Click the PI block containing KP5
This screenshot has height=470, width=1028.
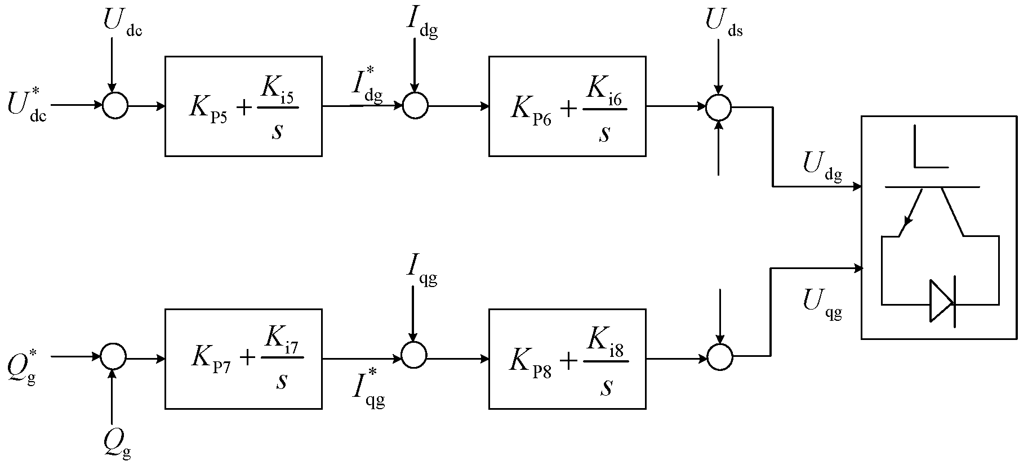pos(243,106)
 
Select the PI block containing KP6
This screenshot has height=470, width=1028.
pos(567,106)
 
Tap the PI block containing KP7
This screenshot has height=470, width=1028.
pos(243,359)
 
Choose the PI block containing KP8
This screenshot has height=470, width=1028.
pos(567,359)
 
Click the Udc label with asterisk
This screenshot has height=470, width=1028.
pos(27,105)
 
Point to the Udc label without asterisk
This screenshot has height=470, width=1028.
pos(122,23)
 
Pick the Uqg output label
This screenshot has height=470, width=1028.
pos(822,306)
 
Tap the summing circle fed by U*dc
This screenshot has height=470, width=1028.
pos(115,105)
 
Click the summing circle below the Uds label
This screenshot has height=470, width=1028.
pos(718,106)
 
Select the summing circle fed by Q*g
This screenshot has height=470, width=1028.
pos(113,356)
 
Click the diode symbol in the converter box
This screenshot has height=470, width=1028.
pos(941,302)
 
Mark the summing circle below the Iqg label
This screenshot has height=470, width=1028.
pos(414,356)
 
